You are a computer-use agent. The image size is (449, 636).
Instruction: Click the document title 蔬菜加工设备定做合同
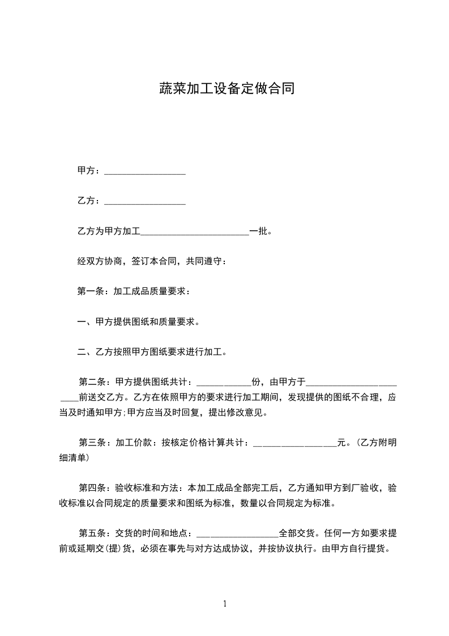pyautogui.click(x=225, y=89)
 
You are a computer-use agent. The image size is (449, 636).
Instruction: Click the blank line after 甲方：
pyautogui.click(x=145, y=171)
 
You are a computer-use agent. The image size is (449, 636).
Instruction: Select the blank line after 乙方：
pyautogui.click(x=145, y=201)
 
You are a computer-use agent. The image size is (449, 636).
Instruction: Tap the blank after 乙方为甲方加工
pyautogui.click(x=195, y=232)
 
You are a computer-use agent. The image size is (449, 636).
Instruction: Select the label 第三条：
pyautogui.click(x=96, y=443)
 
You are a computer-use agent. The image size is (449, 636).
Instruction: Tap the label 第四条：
pyautogui.click(x=96, y=487)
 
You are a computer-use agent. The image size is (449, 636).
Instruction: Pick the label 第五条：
pyautogui.click(x=96, y=533)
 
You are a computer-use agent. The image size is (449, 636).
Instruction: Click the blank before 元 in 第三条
pyautogui.click(x=294, y=443)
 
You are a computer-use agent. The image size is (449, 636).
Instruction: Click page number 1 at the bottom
pyautogui.click(x=225, y=604)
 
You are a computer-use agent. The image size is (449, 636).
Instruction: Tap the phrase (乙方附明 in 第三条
pyautogui.click(x=376, y=443)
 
